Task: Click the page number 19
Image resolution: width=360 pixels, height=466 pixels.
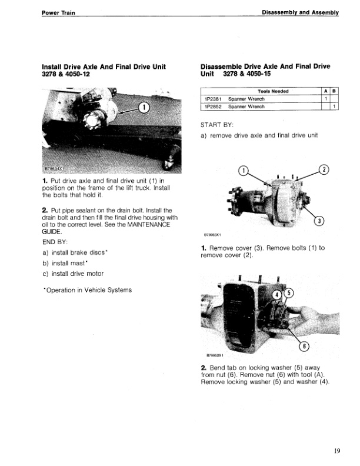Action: pos(336,451)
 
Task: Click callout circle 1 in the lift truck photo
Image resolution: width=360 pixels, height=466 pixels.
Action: pos(144,107)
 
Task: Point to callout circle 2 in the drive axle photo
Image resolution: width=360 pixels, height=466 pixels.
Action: pos(323,170)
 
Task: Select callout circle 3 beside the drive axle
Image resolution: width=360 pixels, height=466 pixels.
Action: pos(319,221)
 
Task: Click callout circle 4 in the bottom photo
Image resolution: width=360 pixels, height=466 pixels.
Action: pos(276,294)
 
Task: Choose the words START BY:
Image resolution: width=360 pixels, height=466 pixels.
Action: pos(217,125)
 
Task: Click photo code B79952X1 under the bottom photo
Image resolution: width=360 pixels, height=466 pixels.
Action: pos(218,355)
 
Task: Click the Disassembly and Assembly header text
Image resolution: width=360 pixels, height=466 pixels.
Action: pos(301,13)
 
